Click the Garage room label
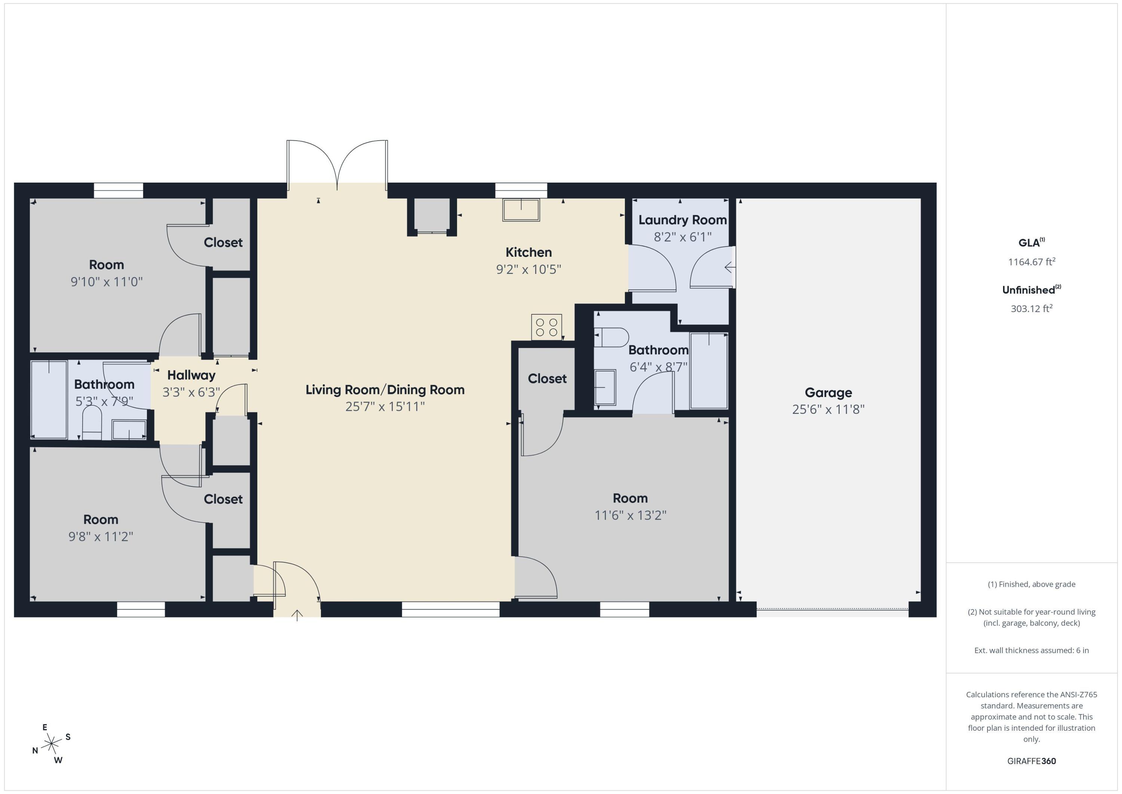click(828, 393)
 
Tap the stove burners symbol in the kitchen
click(546, 327)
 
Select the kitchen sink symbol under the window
click(521, 209)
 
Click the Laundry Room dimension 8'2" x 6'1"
click(682, 237)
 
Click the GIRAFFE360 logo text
click(1031, 761)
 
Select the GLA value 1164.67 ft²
click(1031, 262)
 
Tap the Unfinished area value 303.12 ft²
click(1031, 308)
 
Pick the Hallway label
click(191, 375)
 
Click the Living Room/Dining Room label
click(384, 390)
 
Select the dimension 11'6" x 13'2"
click(630, 515)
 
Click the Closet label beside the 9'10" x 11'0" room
click(223, 242)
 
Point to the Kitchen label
click(528, 252)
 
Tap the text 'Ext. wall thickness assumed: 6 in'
click(1031, 650)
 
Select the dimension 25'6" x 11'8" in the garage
click(828, 409)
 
